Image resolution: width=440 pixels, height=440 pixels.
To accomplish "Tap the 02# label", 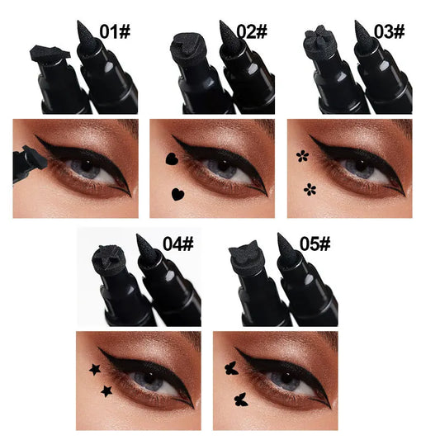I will coord(251,31).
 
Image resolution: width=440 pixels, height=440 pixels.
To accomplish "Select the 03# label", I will coord(387,31).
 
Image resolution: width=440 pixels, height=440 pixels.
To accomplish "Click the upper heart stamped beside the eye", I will coord(170,158).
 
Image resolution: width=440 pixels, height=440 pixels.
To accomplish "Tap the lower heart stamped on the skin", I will coord(177,195).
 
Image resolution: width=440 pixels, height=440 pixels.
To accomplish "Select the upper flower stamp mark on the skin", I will coord(302,154).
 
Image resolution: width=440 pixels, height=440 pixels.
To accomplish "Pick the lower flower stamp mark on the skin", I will coord(310,189).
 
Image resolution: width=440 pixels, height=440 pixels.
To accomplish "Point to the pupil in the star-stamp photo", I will coord(150,381).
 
